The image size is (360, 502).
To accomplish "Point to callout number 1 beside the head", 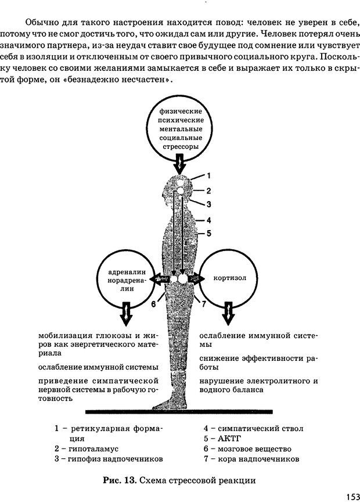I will click(x=208, y=175).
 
